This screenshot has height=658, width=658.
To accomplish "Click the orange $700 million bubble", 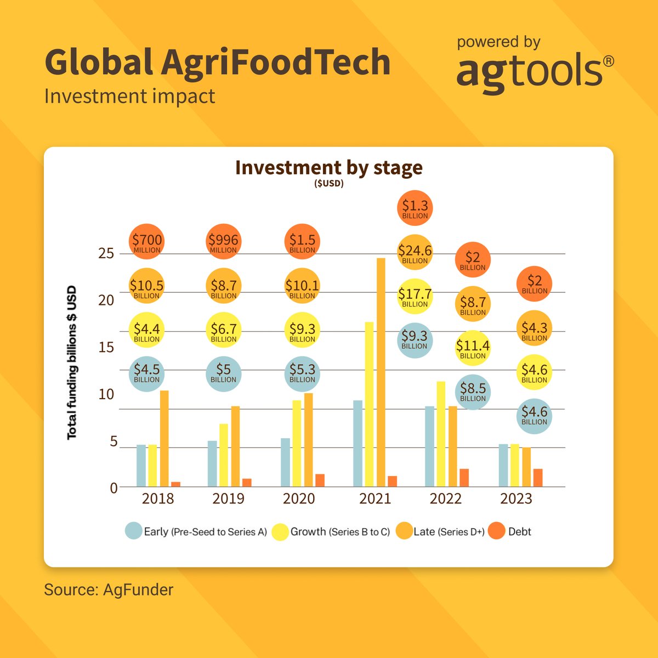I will pos(147,242).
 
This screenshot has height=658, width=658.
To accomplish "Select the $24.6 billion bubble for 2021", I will pos(415,253).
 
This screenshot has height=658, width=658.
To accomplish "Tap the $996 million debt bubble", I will pos(223,242).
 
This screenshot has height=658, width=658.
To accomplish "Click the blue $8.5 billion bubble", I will pos(473,392).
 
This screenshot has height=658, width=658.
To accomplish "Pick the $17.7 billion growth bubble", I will pos(415,297).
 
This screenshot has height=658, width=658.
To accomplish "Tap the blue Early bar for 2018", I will pos(141,466).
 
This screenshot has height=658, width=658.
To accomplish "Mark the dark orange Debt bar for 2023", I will pos(538,478).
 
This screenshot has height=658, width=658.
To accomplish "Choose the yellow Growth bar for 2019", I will pos(224,455).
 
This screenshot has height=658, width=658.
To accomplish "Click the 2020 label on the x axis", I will pos(299,498).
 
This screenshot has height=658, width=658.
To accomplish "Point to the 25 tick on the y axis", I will pos(106,253).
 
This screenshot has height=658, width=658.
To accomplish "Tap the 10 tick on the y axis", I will pos(106,394).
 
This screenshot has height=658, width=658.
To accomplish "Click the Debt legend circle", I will pos(497,531).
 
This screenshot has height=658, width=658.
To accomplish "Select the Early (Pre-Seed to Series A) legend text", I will pos(205,532).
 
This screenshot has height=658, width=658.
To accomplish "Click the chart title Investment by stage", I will pos(328,167).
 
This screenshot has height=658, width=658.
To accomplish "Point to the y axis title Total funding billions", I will pos(72,362).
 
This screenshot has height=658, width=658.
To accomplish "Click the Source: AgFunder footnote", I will pos(109,590).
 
